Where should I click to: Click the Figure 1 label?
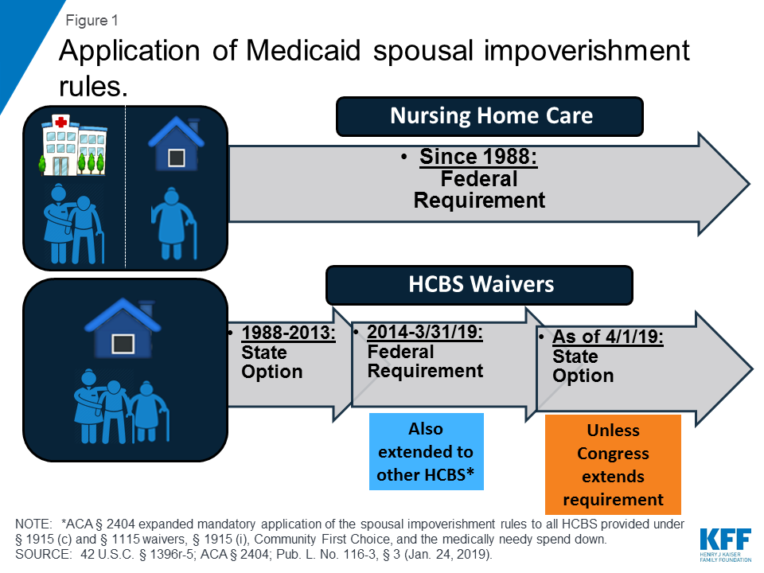pyautogui.click(x=92, y=21)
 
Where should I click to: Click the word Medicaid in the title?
pyautogui.click(x=303, y=50)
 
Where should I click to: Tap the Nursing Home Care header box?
pyautogui.click(x=489, y=116)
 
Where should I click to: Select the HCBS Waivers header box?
pyautogui.click(x=479, y=285)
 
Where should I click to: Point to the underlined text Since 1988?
pyautogui.click(x=478, y=157)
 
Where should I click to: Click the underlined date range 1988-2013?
pyautogui.click(x=288, y=333)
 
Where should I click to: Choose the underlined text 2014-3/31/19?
pyautogui.click(x=425, y=332)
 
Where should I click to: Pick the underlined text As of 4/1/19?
pyautogui.click(x=607, y=337)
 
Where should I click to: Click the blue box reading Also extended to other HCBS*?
pyautogui.click(x=427, y=452)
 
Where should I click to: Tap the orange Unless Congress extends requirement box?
pyautogui.click(x=613, y=464)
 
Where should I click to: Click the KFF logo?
pyautogui.click(x=726, y=544)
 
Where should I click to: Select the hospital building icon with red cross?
pyautogui.click(x=73, y=145)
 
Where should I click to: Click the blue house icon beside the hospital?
pyautogui.click(x=176, y=144)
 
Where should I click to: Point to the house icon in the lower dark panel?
pyautogui.click(x=123, y=327)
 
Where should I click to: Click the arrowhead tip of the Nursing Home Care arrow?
pyautogui.click(x=750, y=184)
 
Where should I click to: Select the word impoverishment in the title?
pyautogui.click(x=587, y=50)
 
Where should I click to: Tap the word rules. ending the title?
pyautogui.click(x=93, y=87)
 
